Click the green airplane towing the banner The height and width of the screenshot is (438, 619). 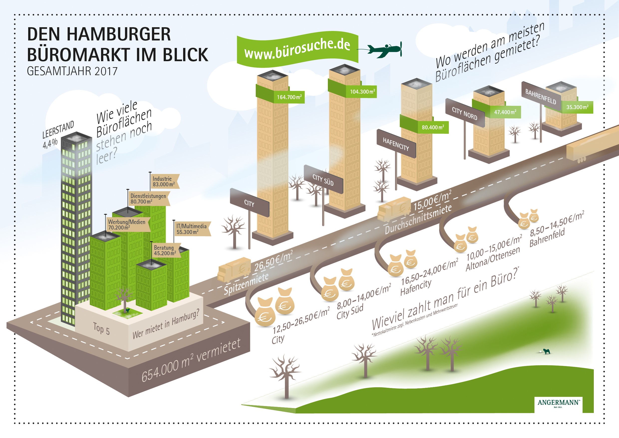click(x=385, y=50)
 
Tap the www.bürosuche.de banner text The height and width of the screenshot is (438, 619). click(x=297, y=49)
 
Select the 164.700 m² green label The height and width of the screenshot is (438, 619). click(x=289, y=97)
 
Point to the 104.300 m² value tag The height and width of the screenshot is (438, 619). click(x=362, y=92)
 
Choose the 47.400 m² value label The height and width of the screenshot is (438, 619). click(x=505, y=112)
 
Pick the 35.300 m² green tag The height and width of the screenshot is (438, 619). click(x=577, y=107)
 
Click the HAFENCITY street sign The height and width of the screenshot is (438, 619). click(x=396, y=144)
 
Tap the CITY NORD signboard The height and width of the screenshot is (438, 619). click(x=465, y=113)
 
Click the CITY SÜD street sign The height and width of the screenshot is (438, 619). click(x=323, y=180)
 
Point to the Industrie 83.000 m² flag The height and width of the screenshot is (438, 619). click(x=164, y=182)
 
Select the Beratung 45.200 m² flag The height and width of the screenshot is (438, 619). click(x=166, y=250)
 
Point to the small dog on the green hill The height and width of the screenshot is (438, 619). click(x=547, y=351)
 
